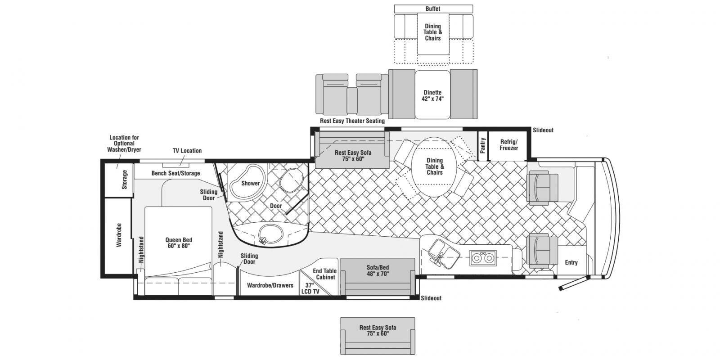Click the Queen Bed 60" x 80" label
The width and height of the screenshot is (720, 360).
pyautogui.click(x=179, y=243)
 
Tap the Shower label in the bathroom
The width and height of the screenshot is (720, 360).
pyautogui.click(x=250, y=183)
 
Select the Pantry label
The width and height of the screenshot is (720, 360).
pyautogui.click(x=482, y=145)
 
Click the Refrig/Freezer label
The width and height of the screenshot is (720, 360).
pyautogui.click(x=509, y=145)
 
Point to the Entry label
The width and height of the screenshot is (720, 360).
pyautogui.click(x=571, y=262)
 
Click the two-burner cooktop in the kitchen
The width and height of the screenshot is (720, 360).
pyautogui.click(x=483, y=258)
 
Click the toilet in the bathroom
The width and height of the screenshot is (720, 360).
pyautogui.click(x=292, y=180)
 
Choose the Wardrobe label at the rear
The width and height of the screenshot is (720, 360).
pyautogui.click(x=119, y=235)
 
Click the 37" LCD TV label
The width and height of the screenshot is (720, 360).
pyautogui.click(x=310, y=288)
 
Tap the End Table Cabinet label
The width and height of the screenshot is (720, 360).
pyautogui.click(x=324, y=274)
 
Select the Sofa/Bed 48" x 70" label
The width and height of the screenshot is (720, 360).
pyautogui.click(x=378, y=270)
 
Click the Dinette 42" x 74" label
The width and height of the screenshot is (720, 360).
pyautogui.click(x=432, y=95)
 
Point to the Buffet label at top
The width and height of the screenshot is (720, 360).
pyautogui.click(x=433, y=9)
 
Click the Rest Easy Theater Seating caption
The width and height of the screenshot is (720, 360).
pyautogui.click(x=352, y=121)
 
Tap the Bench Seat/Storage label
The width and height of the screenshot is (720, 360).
pyautogui.click(x=176, y=173)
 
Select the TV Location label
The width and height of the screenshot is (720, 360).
pyautogui.click(x=187, y=151)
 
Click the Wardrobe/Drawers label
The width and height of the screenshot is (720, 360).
pyautogui.click(x=270, y=285)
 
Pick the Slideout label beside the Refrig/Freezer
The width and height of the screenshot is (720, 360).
pyautogui.click(x=543, y=130)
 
